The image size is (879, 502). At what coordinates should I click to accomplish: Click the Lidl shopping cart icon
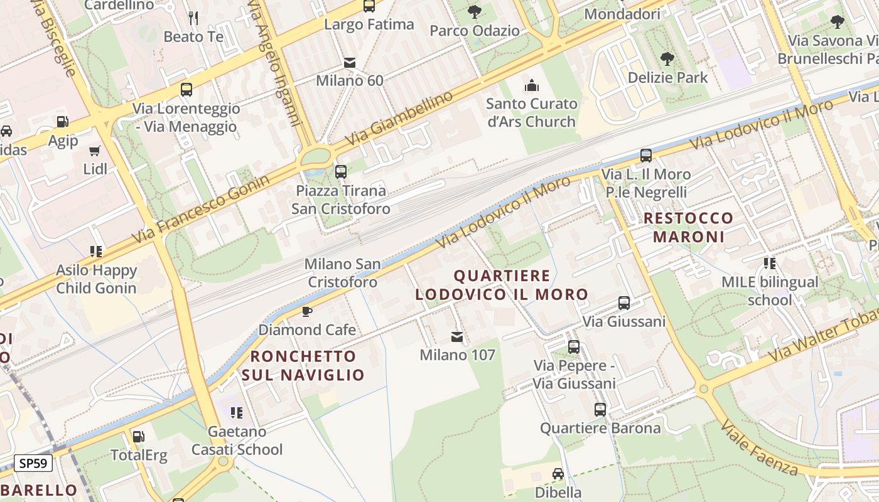pos(95,151)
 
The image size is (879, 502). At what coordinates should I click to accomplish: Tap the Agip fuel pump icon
pos(62,122)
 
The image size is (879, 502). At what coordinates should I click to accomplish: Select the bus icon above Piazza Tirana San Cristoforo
pos(341,171)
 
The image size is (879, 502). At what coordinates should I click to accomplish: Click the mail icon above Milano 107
pos(457,337)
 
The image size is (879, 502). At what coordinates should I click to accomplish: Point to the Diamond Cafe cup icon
pos(307,311)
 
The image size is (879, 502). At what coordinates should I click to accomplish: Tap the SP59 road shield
pos(33,464)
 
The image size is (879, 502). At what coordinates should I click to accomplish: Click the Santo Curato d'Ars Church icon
pos(532,85)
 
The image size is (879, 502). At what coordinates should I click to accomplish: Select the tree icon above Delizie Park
pos(667,59)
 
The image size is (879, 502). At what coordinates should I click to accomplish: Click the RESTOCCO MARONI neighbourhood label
pos(689,227)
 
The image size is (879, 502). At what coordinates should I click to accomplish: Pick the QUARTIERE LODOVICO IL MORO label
pos(502,285)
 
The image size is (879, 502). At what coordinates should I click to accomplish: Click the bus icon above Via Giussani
pos(624,303)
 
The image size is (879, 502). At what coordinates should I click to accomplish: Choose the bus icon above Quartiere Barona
pos(600,410)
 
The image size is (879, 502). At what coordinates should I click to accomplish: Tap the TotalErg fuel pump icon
pos(138,436)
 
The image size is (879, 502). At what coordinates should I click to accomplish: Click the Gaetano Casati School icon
pos(237,413)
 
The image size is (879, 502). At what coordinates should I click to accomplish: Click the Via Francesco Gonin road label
pos(201,210)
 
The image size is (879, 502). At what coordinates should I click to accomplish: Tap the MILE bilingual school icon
pos(770,264)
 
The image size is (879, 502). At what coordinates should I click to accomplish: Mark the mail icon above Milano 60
pos(350,63)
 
